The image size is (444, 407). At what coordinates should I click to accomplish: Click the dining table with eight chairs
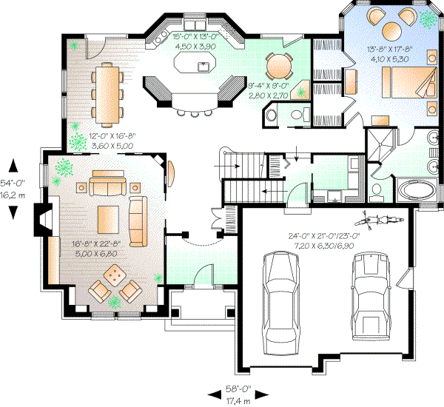pos(108,93)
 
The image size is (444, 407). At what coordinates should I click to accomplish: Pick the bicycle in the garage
pos(380,221)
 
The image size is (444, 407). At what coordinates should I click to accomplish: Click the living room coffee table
pos(107,218)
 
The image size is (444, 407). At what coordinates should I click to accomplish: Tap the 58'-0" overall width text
pos(238,388)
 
